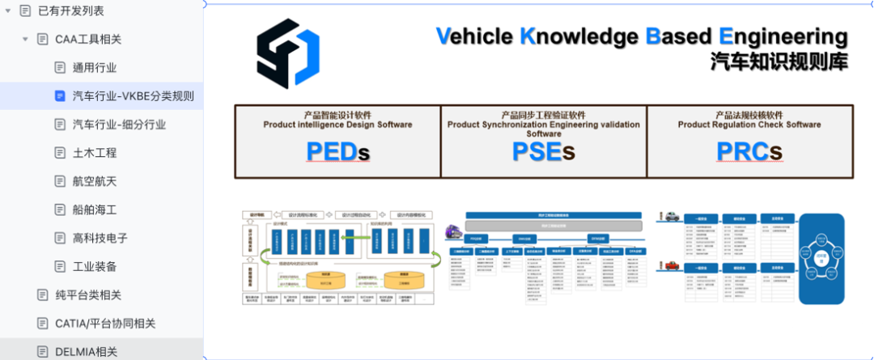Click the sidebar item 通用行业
[94, 67]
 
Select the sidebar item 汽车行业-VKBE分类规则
[133, 95]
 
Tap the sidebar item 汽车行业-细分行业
[119, 124]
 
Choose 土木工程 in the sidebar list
[95, 152]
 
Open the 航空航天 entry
[95, 180]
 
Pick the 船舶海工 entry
[95, 210]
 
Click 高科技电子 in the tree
[100, 238]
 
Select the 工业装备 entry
[95, 266]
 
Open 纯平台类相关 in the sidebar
[88, 294]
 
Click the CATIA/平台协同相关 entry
[105, 323]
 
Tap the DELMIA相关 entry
[86, 351]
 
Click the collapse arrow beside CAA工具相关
[25, 39]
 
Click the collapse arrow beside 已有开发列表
[7, 11]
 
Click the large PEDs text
[337, 151]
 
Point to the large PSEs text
[543, 151]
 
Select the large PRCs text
[749, 151]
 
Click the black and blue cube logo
[287, 53]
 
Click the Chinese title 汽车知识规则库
[779, 61]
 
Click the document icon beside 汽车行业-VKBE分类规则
[60, 95]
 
